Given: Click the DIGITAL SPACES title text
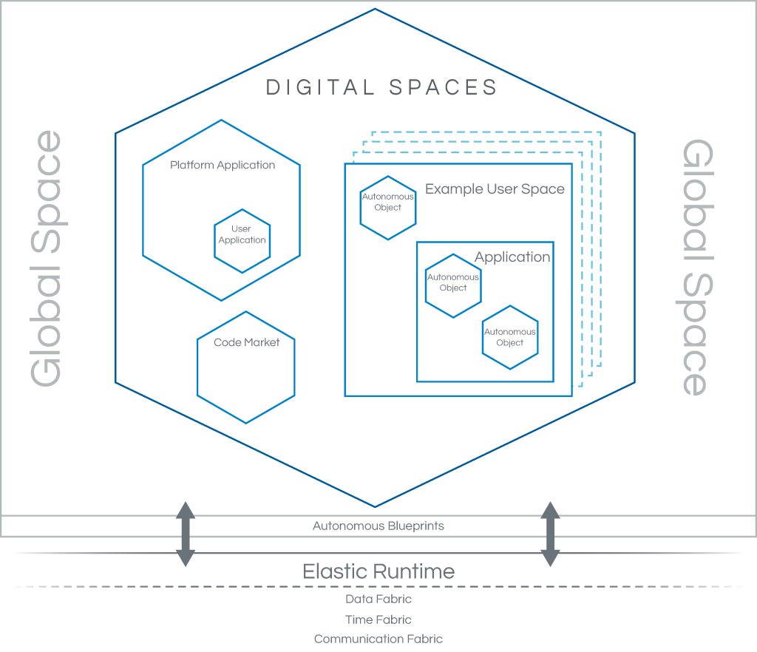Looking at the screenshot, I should point(381,87).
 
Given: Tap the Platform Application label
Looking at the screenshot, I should point(223,165).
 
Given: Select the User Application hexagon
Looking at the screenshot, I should point(242,235).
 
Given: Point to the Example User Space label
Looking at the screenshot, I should point(495,189).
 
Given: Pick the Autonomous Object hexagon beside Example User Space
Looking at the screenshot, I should point(387,208).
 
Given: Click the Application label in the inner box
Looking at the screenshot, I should point(512,257).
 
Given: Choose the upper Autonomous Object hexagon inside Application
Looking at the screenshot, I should point(453,286).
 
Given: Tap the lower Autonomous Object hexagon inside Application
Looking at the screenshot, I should point(510,337).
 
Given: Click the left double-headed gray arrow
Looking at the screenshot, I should point(185,534).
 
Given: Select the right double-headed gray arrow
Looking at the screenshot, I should point(549,534).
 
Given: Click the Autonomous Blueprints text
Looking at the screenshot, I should point(378,526).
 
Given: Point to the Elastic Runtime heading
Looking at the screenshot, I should point(378,571).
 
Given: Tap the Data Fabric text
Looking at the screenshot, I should point(378,600).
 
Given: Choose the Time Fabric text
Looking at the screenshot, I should point(378,619).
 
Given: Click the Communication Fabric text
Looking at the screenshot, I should point(378,639).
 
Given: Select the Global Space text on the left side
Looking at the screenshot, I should point(46,258).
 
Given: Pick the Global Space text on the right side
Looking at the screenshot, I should point(694,268).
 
